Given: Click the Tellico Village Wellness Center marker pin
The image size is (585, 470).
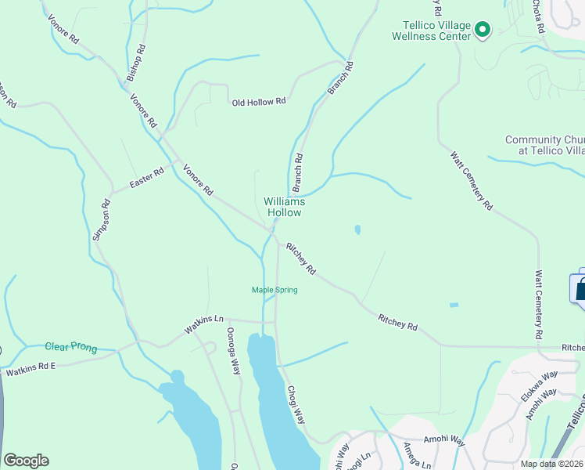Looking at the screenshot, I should pyautogui.click(x=483, y=31).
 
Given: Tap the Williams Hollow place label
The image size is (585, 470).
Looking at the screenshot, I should pyautogui.click(x=284, y=207).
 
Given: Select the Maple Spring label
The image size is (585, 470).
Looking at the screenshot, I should pyautogui.click(x=274, y=290).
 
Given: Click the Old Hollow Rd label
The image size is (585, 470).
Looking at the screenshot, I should pyautogui.click(x=259, y=102).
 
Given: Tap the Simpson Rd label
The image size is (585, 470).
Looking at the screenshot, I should pyautogui.click(x=102, y=220).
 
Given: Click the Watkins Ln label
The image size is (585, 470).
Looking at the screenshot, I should pyautogui.click(x=204, y=320).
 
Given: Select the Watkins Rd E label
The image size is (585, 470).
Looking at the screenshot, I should pyautogui.click(x=32, y=369).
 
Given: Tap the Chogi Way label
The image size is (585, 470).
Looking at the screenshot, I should pyautogui.click(x=295, y=405).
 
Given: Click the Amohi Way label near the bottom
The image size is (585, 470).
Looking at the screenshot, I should pyautogui.click(x=444, y=443).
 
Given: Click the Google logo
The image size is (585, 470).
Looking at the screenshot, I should pyautogui.click(x=26, y=461).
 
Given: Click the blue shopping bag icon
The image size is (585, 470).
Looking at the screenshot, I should pyautogui.click(x=580, y=289).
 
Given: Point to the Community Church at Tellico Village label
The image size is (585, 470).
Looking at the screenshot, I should pyautogui.click(x=545, y=145).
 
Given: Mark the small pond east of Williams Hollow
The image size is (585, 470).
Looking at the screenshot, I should pyautogui.click(x=357, y=230).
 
